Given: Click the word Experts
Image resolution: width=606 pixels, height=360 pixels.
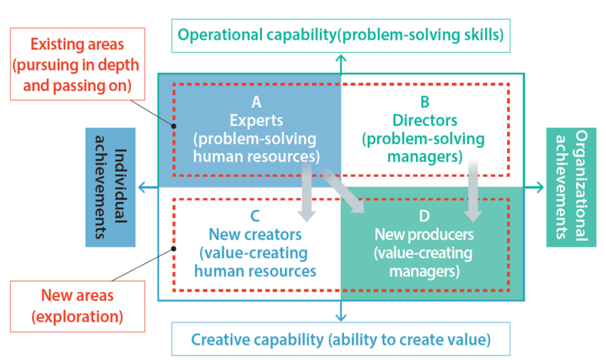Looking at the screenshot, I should [256, 120].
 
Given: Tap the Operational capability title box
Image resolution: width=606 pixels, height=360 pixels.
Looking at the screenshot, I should [340, 35].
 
